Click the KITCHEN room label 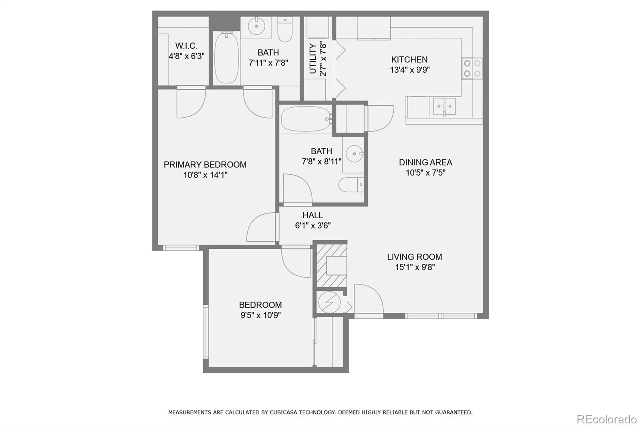pos(409,60)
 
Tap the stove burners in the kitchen pos(472,68)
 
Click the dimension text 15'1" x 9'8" pos(415,267)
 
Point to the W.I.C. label pos(186,46)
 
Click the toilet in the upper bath pos(285,30)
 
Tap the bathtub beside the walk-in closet pos(226,58)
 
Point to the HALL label pos(312,215)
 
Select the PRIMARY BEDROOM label pos(205,165)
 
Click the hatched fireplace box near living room pos(332,266)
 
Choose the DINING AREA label pos(425,162)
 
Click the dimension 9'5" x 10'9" pos(260,315)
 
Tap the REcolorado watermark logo pos(607,419)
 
